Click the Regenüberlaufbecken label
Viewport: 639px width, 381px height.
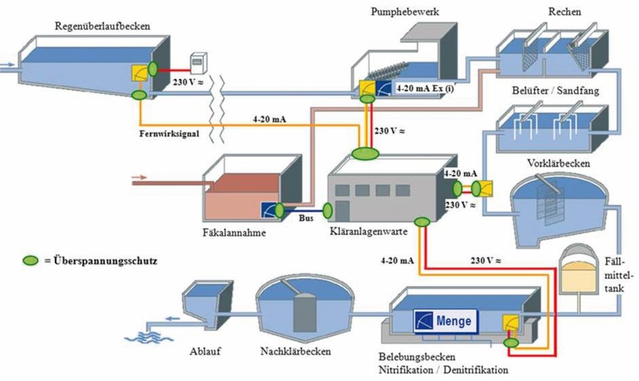[103, 26]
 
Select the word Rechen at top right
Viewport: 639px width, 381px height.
[567, 12]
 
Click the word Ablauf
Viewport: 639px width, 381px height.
[205, 352]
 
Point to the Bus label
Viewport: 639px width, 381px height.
[308, 219]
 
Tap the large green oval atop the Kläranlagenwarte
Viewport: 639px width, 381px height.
[365, 153]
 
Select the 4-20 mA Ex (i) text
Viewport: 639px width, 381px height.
[425, 89]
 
